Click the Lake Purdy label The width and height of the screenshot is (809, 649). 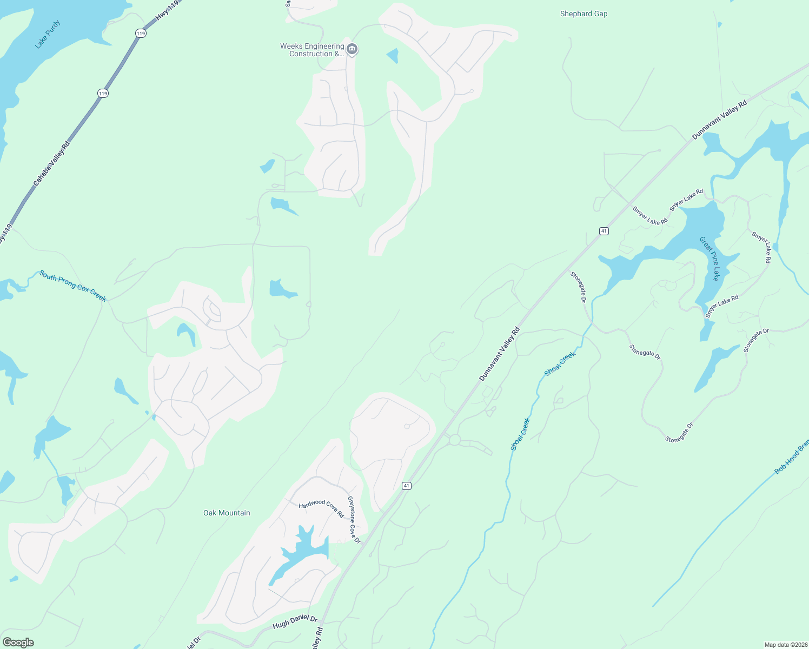(48, 35)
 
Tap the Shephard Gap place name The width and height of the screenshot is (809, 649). (583, 14)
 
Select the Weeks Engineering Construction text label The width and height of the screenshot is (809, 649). (312, 50)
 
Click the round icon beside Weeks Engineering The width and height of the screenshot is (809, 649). (352, 50)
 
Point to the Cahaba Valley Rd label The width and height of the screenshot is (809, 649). (51, 163)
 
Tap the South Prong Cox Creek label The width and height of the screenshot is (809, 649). (73, 286)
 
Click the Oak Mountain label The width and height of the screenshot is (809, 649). (227, 513)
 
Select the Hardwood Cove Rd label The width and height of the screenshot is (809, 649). (321, 508)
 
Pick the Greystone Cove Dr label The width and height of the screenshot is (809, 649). (353, 520)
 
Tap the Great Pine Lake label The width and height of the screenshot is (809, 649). (710, 259)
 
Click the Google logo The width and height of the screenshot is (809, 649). (18, 643)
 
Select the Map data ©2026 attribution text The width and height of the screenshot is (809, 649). (785, 645)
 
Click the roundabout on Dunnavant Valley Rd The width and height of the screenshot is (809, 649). (455, 440)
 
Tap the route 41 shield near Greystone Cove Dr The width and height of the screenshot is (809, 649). (407, 486)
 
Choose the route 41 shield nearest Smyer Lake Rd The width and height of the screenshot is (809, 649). (604, 231)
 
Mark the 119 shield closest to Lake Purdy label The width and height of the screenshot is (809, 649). (141, 34)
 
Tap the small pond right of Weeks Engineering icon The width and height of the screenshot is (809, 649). (393, 55)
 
